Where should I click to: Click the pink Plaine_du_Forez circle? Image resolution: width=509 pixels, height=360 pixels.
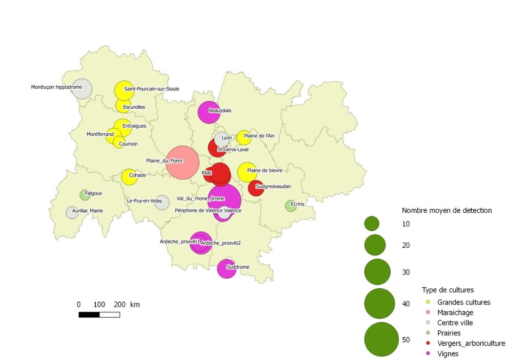(182, 163)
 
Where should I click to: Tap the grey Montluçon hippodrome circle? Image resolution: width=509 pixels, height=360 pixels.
(82, 89)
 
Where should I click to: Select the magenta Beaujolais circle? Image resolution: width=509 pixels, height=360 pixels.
(209, 112)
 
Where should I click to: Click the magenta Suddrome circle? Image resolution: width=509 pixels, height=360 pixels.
(227, 268)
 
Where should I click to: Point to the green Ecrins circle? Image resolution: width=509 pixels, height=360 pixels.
(291, 206)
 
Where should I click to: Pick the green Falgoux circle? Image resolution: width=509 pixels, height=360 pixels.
(85, 195)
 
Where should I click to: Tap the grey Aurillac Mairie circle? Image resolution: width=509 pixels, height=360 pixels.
(72, 212)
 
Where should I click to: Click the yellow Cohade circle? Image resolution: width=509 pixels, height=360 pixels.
(129, 177)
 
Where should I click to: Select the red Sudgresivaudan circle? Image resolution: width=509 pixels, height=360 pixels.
(256, 188)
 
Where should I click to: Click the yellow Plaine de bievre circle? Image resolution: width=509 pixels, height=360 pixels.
(248, 172)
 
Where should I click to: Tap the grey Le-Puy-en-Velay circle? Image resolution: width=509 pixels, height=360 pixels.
(162, 203)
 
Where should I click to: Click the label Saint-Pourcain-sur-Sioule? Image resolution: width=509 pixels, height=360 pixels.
(151, 89)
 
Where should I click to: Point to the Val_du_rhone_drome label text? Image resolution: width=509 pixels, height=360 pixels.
(200, 198)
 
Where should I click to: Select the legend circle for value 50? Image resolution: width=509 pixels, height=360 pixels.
(381, 339)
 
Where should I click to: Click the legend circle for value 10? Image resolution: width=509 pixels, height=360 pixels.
(372, 224)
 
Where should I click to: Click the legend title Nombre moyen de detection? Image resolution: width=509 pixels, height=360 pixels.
(446, 210)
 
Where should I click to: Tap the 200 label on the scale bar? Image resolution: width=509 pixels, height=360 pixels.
(119, 305)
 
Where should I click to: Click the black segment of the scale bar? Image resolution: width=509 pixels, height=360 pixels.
(89, 314)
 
